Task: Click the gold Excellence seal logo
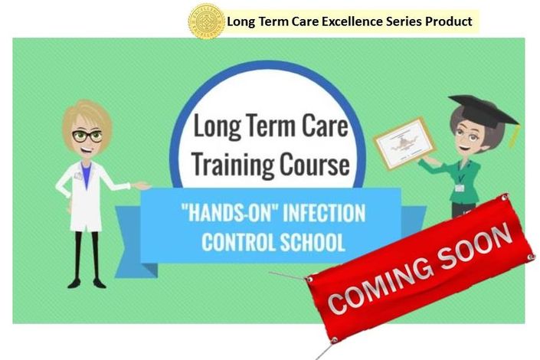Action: [x=206, y=21]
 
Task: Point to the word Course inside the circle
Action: [x=314, y=165]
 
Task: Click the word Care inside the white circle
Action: [x=325, y=126]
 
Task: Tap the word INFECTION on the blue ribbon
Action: [x=324, y=213]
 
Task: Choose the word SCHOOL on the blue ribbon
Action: [x=312, y=242]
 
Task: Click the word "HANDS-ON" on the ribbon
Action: [x=229, y=213]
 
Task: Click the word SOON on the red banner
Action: [x=475, y=244]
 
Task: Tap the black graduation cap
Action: [x=483, y=110]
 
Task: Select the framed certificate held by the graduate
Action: [x=405, y=143]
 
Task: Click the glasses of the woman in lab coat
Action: [x=87, y=136]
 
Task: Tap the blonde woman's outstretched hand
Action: [x=142, y=185]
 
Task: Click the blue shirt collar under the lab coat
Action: [x=86, y=174]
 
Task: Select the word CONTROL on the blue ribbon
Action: [x=239, y=242]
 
